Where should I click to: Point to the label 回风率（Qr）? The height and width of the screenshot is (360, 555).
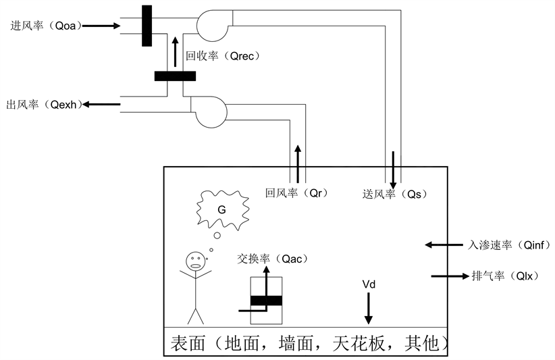296,193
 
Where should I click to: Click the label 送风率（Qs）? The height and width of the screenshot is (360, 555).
395,194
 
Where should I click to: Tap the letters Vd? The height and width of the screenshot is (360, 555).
369,284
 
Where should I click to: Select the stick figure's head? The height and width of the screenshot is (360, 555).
196,261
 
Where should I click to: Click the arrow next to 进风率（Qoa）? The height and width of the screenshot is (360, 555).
101,26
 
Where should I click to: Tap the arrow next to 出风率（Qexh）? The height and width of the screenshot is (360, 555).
100,104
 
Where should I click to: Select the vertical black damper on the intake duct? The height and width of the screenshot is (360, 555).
147,26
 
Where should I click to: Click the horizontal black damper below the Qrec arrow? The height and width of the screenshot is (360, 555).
175,76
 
